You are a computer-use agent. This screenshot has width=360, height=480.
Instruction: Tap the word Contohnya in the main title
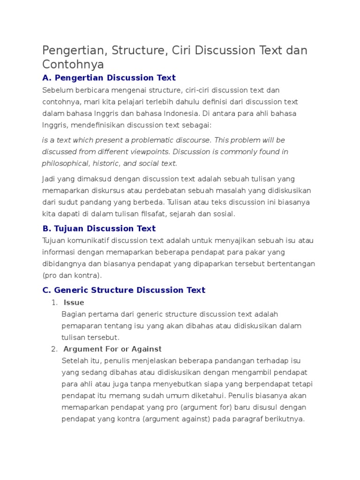tap(73, 64)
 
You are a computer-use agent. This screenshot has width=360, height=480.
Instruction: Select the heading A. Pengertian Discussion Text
tap(109, 78)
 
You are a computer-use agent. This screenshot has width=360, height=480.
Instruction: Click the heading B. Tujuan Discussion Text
tap(99, 229)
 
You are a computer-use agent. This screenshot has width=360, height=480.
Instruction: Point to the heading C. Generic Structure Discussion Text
tap(124, 290)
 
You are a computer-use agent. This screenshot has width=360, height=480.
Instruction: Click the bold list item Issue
tap(74, 302)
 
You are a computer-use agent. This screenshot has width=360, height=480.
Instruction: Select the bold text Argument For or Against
tap(112, 349)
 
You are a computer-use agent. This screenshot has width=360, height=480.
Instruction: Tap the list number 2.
tap(53, 349)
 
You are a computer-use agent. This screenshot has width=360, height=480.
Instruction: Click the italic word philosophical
tap(65, 163)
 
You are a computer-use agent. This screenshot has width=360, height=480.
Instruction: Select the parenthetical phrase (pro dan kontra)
tap(72, 275)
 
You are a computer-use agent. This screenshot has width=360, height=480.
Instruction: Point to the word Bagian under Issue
tap(73, 314)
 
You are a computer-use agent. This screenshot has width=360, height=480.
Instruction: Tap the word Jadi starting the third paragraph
tap(49, 179)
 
